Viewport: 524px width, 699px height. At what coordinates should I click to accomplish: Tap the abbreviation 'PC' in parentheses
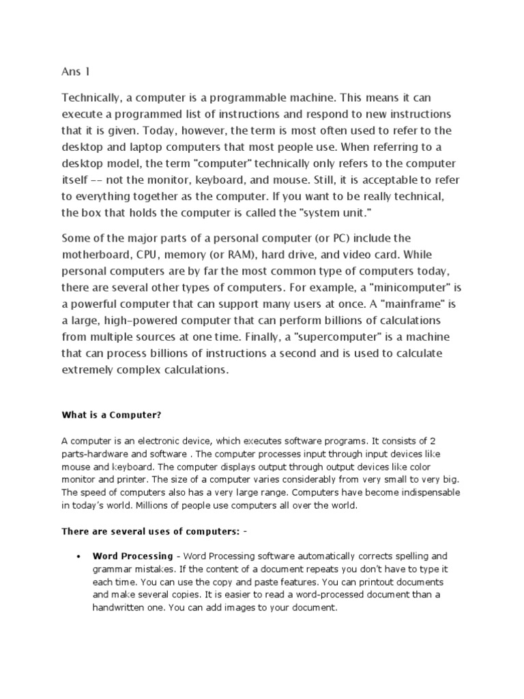coord(353,238)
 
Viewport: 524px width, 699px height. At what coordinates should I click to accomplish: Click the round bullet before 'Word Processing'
coord(81,557)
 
